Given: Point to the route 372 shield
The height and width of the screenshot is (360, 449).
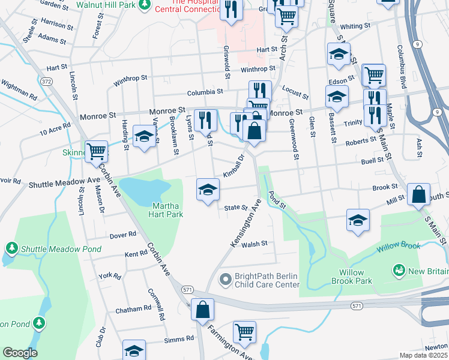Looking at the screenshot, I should [46, 80].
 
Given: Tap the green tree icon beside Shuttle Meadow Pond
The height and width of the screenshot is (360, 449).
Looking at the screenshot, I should [11, 247].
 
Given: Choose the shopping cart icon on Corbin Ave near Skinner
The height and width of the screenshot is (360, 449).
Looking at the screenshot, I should [96, 151].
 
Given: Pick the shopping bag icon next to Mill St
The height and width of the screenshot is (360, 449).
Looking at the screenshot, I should [418, 194].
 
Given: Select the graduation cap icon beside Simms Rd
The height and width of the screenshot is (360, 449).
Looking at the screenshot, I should [134, 350].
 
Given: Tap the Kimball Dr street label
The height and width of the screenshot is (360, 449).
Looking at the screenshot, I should [234, 166].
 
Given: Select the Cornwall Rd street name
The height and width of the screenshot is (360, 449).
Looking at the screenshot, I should [157, 304].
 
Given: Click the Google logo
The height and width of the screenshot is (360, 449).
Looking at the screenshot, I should [20, 353].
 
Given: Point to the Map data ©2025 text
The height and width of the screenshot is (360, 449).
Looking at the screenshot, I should [424, 355].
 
